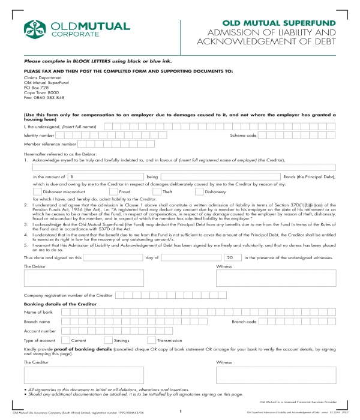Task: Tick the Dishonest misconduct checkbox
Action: pyautogui.click(x=37, y=192)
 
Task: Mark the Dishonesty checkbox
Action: pyautogui.click(x=199, y=192)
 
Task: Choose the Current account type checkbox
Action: pyautogui.click(x=66, y=340)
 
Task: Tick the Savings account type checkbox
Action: pyautogui.click(x=108, y=340)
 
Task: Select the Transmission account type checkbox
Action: pyautogui.click(x=143, y=340)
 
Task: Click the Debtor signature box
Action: pyautogui.click(x=83, y=278)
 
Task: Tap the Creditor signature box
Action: pyautogui.click(x=83, y=375)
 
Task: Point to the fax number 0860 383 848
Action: pyautogui.click(x=44, y=97)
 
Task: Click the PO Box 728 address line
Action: pyautogui.click(x=36, y=88)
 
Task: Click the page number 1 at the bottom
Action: pyautogui.click(x=180, y=412)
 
